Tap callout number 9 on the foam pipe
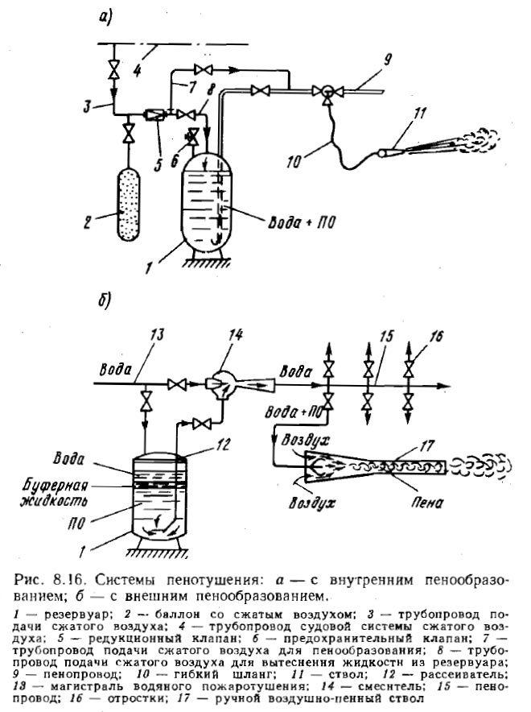click(387, 60)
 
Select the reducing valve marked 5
click(151, 114)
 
